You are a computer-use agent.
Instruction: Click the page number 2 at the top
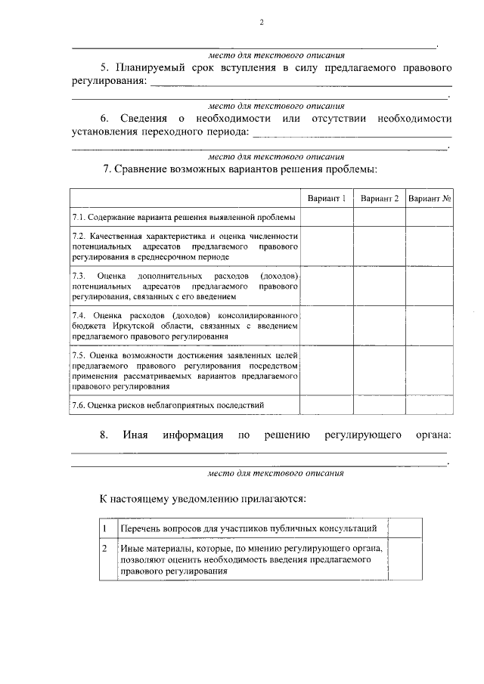click(x=261, y=22)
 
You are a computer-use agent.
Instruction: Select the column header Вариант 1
click(x=326, y=198)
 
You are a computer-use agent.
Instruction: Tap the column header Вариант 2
click(x=379, y=198)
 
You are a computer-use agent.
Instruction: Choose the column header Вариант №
click(x=430, y=198)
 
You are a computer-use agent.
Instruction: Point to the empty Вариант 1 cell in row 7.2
click(x=326, y=246)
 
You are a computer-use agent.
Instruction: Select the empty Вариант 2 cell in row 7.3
click(x=379, y=284)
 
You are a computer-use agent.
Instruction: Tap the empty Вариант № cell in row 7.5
click(x=430, y=370)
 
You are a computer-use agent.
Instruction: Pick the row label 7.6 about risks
click(x=168, y=405)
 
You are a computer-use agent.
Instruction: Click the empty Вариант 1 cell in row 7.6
click(x=326, y=405)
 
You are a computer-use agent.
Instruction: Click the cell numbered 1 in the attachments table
click(x=105, y=528)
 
